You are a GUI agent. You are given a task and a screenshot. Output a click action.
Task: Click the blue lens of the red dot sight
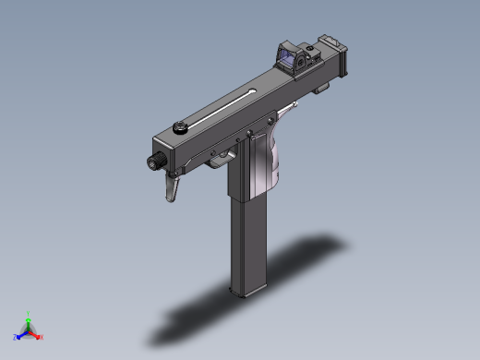(x=298, y=62)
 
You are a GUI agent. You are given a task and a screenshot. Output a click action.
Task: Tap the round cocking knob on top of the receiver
(x=179, y=128)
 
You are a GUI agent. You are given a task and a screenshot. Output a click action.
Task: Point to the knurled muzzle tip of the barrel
(x=153, y=162)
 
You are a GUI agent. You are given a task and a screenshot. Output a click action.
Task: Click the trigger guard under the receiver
(x=221, y=159)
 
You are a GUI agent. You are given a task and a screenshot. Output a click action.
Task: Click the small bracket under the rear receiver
(x=321, y=89)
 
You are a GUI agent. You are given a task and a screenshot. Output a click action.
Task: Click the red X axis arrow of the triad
(x=39, y=337)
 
